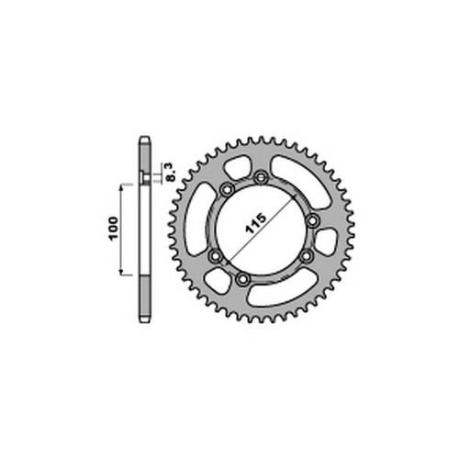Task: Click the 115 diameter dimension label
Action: point(256,224)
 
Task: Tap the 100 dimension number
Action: point(114,229)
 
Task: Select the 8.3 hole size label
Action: point(171,172)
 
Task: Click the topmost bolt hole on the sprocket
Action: point(261,177)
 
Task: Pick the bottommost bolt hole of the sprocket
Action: point(243,278)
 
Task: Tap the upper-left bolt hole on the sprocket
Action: point(228,190)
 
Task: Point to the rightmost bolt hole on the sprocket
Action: point(312,220)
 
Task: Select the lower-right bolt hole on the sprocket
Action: point(307,256)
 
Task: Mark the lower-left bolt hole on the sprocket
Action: point(216,255)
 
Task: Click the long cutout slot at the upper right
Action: point(301,181)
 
